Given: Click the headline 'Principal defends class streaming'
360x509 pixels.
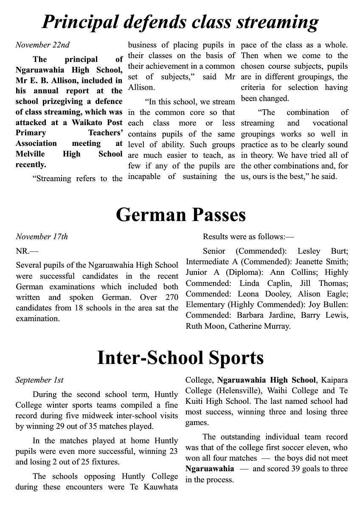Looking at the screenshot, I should (x=180, y=22).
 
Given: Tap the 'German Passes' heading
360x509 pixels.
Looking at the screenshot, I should (x=180, y=215).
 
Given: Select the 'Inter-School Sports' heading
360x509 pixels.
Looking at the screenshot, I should (x=180, y=358).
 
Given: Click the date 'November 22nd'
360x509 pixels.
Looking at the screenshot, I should (x=42, y=45).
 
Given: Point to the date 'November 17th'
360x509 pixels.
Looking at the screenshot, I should (x=42, y=237).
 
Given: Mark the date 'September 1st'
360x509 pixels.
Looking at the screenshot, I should (x=39, y=380).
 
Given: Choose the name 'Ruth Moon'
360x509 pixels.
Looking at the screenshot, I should (x=202, y=326).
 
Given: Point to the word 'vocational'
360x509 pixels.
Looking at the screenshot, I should (x=330, y=123).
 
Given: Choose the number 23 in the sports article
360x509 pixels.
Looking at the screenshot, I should (x=173, y=452).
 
